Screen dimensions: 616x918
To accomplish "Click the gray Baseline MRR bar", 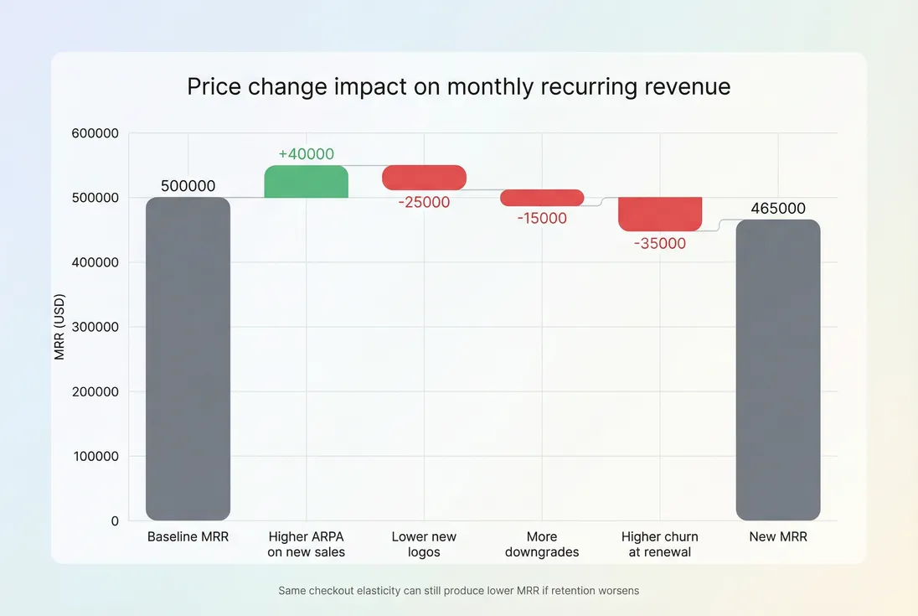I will point(188,359).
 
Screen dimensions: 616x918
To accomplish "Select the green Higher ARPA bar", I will point(306,182).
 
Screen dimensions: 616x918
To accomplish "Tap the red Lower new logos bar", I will point(424,177).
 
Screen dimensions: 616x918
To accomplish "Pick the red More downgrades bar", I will point(542,198).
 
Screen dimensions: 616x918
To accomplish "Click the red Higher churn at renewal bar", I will point(660,214).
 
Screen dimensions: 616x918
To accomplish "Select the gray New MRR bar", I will point(778,370).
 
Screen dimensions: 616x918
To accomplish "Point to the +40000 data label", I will point(306,154).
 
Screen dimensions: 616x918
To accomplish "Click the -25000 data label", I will point(424,202).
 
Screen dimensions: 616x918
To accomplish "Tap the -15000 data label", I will point(542,218).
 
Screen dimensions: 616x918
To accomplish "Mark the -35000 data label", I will point(660,244).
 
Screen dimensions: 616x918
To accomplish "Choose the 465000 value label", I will point(778,209).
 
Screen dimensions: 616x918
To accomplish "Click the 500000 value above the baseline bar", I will point(188,186).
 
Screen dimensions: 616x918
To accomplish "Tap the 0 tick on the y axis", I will point(114,521).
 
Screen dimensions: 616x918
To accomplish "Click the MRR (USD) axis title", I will point(59,327).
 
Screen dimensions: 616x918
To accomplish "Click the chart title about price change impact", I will point(458,86).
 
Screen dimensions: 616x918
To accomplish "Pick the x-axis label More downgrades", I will point(542,544).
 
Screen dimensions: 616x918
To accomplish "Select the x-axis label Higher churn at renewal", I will point(660,544).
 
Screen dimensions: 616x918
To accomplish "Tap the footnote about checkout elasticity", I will point(458,591).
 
